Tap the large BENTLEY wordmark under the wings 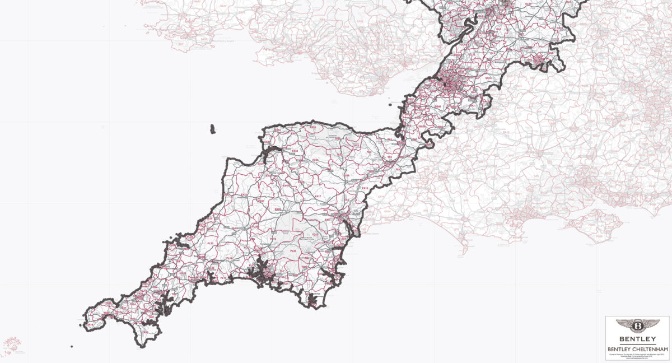point(637,339)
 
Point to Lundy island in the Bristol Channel point(212,129)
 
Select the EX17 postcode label point(318,196)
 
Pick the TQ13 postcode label point(315,235)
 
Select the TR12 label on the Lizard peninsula point(144,332)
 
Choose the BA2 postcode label point(472,105)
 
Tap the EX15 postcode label point(365,188)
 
